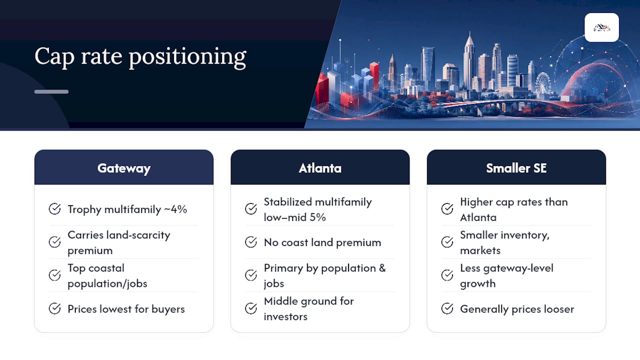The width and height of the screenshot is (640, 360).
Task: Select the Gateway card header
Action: pos(123,167)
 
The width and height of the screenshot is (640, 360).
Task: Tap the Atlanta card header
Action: pos(320,167)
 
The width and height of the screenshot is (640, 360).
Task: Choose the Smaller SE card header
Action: pos(516,167)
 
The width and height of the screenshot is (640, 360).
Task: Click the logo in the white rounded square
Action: pos(601,27)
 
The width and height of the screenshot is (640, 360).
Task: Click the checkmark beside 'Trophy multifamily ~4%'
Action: pos(54,209)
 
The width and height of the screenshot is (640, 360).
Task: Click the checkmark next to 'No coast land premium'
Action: pos(251,242)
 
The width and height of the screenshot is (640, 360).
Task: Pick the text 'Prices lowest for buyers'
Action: pos(126,309)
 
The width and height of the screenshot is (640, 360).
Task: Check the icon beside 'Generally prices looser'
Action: pos(447,308)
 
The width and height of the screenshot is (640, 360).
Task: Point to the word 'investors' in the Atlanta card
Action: pos(285,316)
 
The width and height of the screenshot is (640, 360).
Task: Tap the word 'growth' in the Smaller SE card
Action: pos(477,284)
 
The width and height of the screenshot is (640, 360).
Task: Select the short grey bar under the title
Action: pos(51,91)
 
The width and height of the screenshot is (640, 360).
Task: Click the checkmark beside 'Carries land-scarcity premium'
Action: pos(54,242)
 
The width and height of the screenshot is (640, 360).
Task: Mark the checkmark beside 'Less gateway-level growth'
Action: pos(447,275)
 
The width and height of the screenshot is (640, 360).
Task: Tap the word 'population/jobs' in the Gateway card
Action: pos(107,283)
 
